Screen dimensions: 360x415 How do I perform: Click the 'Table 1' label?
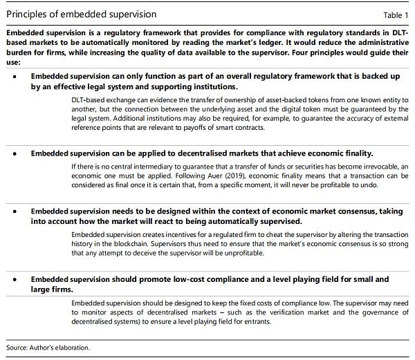click(396, 14)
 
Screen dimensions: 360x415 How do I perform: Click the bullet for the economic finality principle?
click(15, 154)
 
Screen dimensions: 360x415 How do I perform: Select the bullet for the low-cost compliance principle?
click(15, 280)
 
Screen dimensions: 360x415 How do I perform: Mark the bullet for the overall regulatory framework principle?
click(15, 78)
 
